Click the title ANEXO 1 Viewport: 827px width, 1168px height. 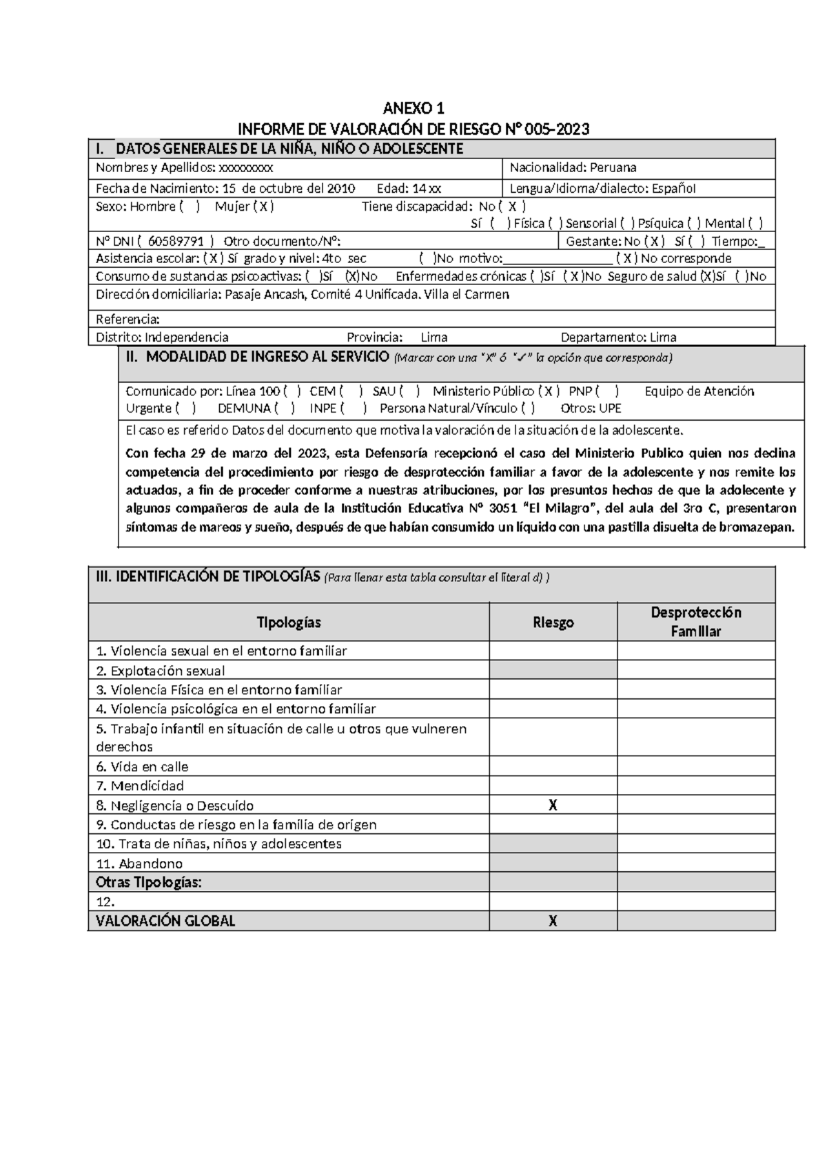[413, 108]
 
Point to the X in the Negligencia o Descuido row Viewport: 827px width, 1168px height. [552, 805]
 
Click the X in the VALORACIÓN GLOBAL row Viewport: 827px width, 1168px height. [552, 921]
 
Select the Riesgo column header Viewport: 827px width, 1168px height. [553, 623]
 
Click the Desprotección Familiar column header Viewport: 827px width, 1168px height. [695, 622]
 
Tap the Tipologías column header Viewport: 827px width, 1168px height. [289, 623]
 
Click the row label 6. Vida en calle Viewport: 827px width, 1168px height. [142, 766]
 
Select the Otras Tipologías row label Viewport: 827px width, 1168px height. [149, 882]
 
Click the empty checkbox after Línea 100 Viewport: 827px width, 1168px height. [292, 391]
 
